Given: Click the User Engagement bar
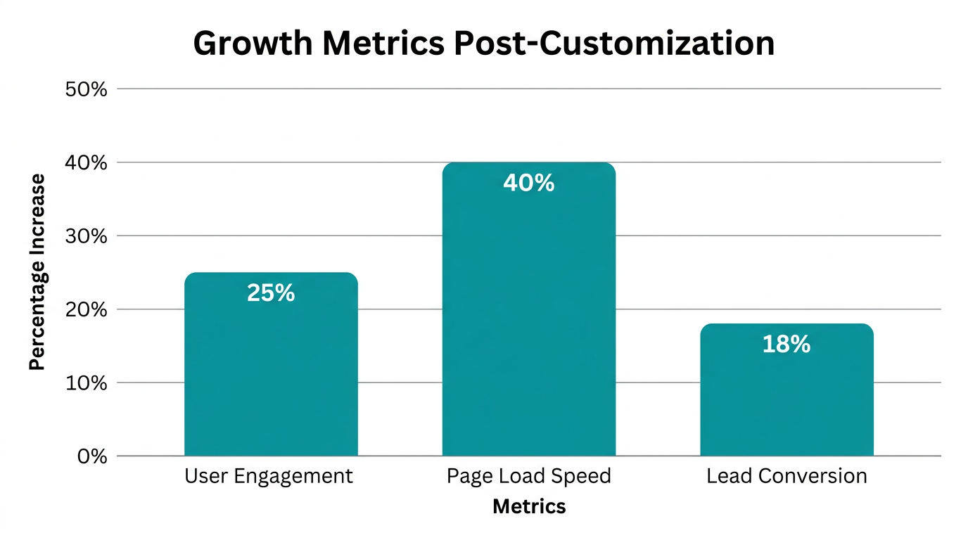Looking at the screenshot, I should point(271,373).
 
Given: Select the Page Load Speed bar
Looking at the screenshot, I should point(528,316).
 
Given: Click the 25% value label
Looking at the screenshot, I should point(271,293).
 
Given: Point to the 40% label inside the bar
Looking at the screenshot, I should point(528,184).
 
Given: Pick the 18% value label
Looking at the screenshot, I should point(786,345).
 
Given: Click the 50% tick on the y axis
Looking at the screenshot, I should point(86,89).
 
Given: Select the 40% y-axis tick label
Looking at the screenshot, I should point(86,163).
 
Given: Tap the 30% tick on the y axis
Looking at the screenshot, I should point(86,236).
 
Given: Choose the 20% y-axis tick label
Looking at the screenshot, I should point(86,310).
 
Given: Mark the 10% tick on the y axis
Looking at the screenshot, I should point(86,383).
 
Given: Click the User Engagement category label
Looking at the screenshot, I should point(269,477).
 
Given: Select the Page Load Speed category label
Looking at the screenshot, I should point(528,477).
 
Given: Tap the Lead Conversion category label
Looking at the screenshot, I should point(786,477).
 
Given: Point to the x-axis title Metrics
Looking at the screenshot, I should point(529,506).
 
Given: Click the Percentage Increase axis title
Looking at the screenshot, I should point(37,272).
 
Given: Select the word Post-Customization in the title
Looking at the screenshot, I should point(613,44).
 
